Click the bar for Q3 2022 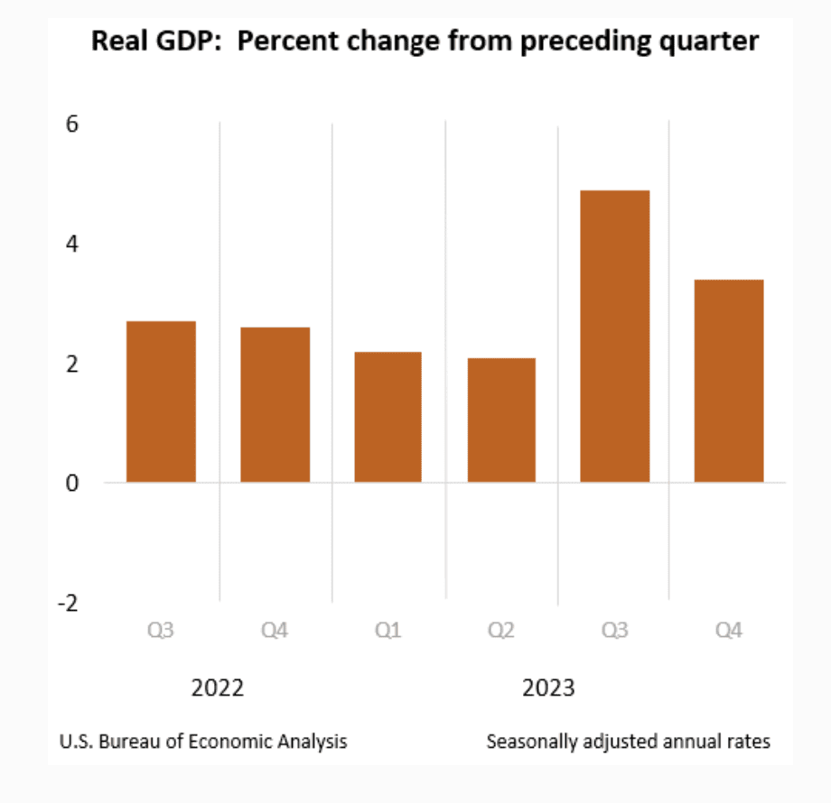point(161,401)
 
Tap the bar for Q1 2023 point(387,417)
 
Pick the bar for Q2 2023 point(501,420)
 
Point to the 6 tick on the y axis point(72,124)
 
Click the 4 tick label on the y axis point(72,244)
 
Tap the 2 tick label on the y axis point(72,364)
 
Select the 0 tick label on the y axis point(72,483)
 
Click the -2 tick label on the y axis point(68,603)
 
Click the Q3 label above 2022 point(161,631)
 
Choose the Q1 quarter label point(387,631)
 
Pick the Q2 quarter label point(501,631)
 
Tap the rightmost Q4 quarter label point(728,631)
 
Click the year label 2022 point(218,688)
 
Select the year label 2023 point(548,688)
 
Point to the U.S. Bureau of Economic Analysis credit point(203,742)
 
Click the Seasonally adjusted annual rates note point(628,742)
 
